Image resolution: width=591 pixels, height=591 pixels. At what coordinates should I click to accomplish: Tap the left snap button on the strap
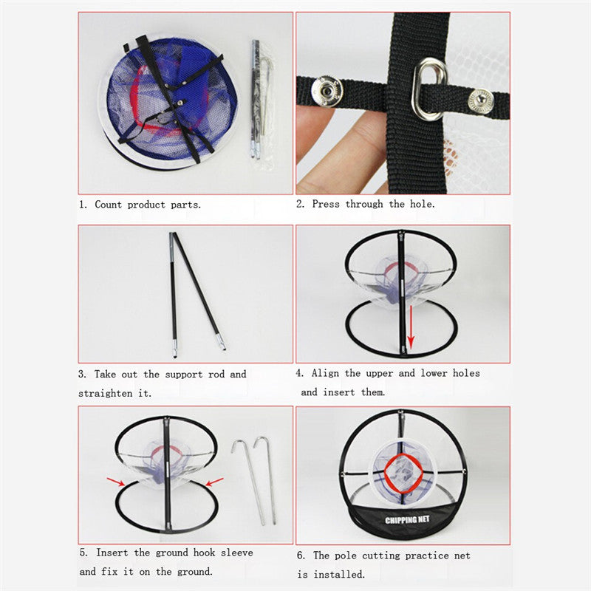pyautogui.click(x=326, y=91)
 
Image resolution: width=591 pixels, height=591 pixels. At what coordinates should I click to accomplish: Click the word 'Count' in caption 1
pyautogui.click(x=109, y=205)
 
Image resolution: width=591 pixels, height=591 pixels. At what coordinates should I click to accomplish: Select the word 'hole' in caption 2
pyautogui.click(x=420, y=204)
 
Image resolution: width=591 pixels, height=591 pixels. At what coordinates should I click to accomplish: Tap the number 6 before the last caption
pyautogui.click(x=301, y=556)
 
